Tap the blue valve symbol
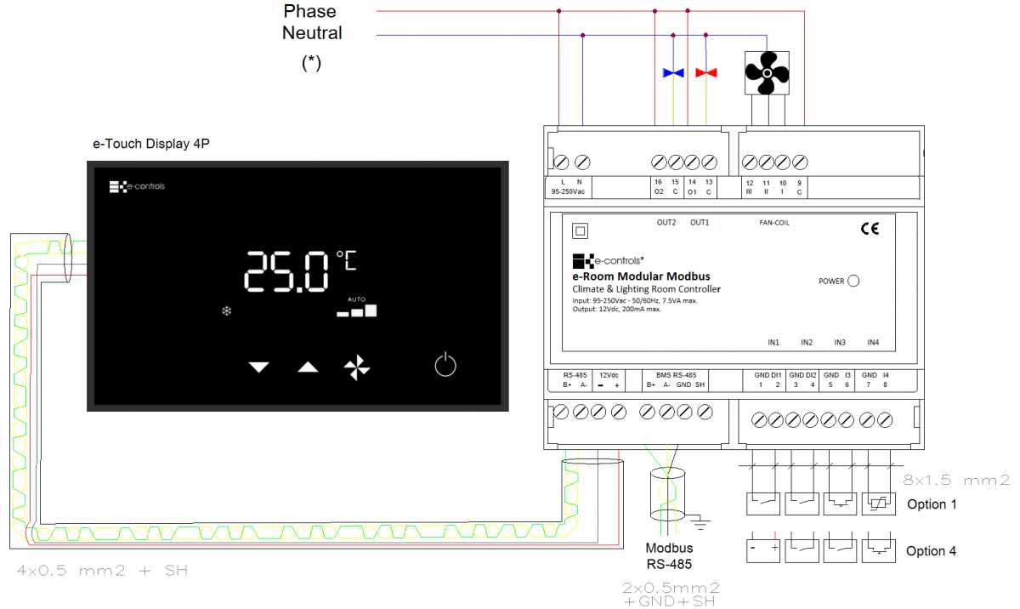coord(673,73)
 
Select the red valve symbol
coord(706,73)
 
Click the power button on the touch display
coord(445,366)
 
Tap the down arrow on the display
coord(258,367)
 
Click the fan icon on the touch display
coord(357,367)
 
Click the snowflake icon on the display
coord(227,311)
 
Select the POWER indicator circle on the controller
coord(853,281)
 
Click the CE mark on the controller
coord(870,228)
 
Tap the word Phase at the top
coord(309,11)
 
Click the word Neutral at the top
coord(312,33)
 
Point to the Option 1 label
coord(932,504)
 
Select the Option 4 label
coord(932,551)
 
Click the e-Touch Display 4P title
coord(151,145)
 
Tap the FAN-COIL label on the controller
coord(775,223)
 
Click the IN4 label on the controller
coord(873,343)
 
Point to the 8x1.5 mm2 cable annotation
coord(955,480)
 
